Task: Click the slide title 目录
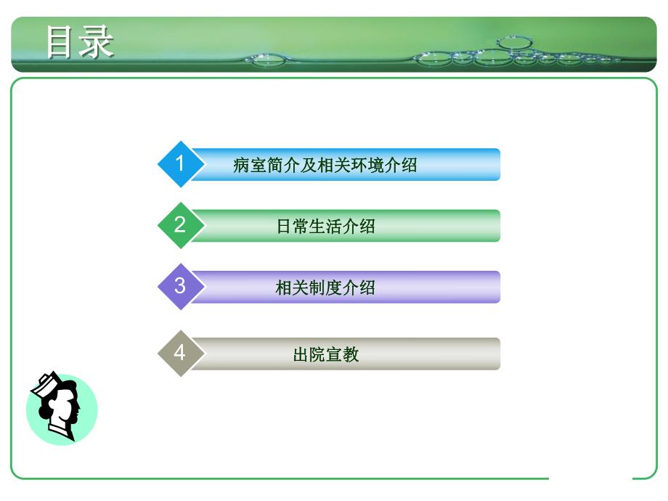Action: pos(79,41)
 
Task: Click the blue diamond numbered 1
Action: pos(179,163)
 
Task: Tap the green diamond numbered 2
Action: pos(179,225)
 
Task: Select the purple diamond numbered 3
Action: pos(179,286)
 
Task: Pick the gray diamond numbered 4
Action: pos(179,353)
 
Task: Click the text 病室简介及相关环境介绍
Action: pos(325,165)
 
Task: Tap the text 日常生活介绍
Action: pos(325,227)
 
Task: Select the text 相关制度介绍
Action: pos(325,288)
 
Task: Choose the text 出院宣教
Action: pos(325,355)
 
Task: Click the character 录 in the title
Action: pos(97,41)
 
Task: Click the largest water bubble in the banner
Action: pos(515,43)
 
